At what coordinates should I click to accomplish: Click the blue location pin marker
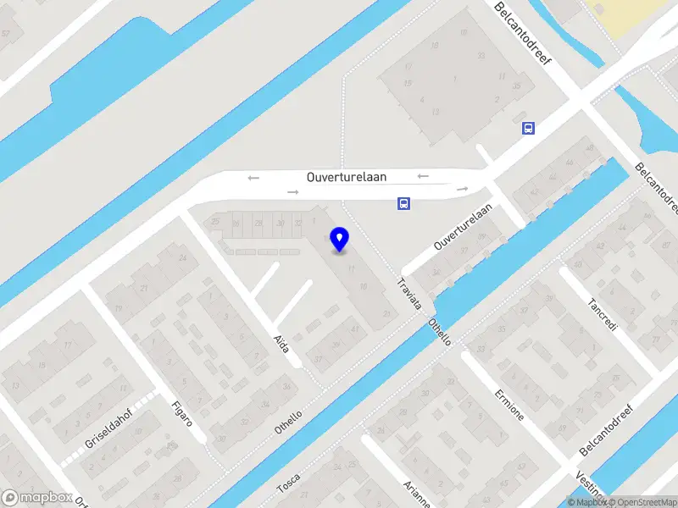click(340, 239)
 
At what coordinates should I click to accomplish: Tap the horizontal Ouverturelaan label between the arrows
click(346, 177)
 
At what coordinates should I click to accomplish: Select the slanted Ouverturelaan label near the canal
click(464, 229)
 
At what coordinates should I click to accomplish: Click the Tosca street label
click(289, 483)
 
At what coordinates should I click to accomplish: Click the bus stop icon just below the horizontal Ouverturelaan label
click(403, 203)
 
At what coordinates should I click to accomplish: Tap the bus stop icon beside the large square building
click(528, 129)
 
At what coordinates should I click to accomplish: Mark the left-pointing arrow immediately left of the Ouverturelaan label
click(253, 178)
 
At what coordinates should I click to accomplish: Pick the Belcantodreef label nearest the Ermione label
click(608, 429)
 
